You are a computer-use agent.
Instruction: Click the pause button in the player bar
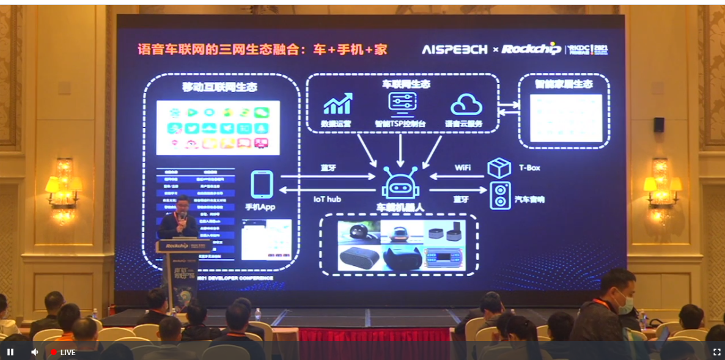[x=10, y=352]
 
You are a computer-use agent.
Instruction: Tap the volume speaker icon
[x=35, y=352]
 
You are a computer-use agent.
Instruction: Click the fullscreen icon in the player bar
[x=716, y=352]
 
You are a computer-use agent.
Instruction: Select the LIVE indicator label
[x=64, y=353]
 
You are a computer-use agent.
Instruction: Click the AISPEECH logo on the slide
[x=454, y=50]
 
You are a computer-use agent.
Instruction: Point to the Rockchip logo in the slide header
[x=531, y=50]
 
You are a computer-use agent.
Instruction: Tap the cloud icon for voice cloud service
[x=466, y=105]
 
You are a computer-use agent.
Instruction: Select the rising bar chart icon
[x=337, y=104]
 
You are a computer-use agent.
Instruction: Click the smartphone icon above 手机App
[x=262, y=185]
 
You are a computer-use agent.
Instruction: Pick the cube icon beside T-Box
[x=499, y=168]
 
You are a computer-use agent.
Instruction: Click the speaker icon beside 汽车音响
[x=500, y=196]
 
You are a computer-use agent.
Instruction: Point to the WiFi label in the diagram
[x=463, y=167]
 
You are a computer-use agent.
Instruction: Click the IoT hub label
[x=327, y=199]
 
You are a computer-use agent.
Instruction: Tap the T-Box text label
[x=529, y=167]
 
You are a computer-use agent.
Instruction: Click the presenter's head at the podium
[x=182, y=204]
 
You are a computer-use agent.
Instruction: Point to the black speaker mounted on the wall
[x=658, y=125]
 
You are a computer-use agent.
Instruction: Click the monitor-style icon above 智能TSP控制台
[x=402, y=104]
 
